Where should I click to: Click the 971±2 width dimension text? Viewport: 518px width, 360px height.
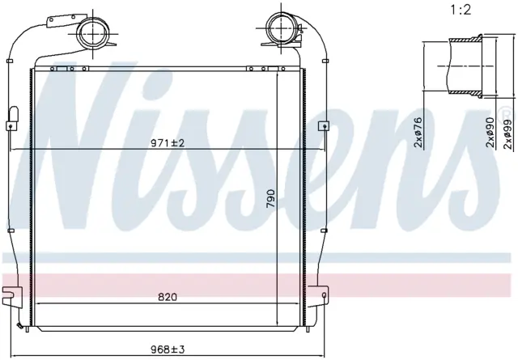[x=167, y=143]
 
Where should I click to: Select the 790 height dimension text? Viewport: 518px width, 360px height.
[x=271, y=198]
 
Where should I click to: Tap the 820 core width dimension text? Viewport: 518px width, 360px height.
[x=168, y=297]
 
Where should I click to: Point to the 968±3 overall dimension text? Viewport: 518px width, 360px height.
[x=168, y=349]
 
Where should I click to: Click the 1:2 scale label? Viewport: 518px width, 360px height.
[x=461, y=10]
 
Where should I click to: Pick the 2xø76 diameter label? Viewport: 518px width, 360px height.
[x=419, y=132]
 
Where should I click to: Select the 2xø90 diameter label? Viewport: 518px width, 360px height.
[x=490, y=132]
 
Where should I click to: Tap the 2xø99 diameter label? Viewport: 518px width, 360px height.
[x=509, y=133]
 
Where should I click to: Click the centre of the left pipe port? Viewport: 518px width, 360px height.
[x=94, y=33]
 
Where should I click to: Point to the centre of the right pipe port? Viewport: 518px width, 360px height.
[x=281, y=28]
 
